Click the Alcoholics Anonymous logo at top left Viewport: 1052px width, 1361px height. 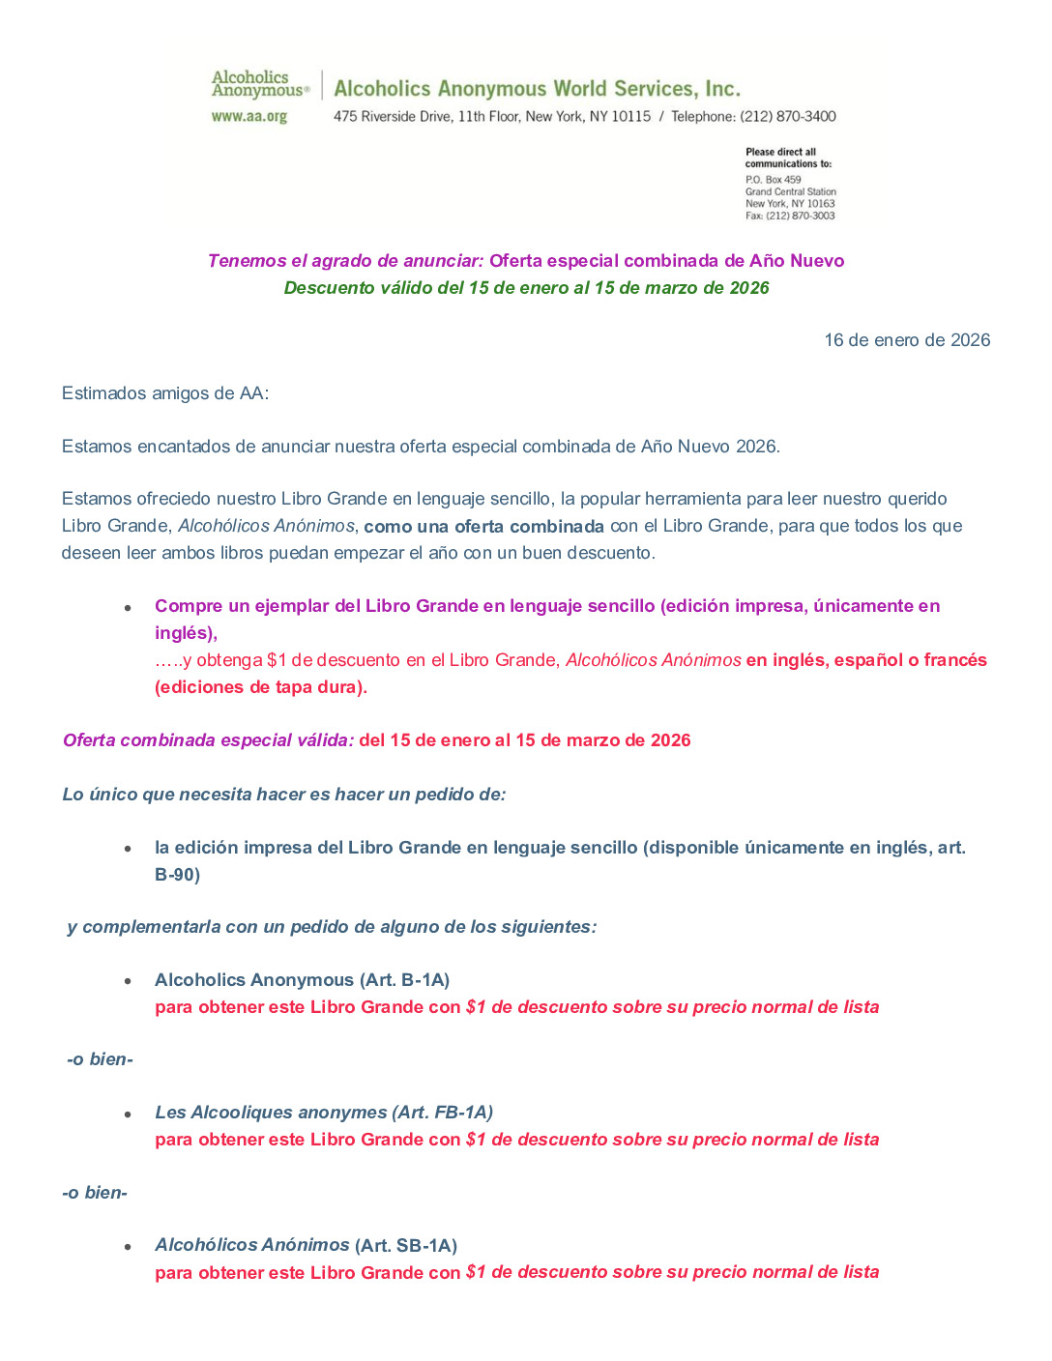click(x=259, y=84)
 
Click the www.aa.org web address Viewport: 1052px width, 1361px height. click(x=249, y=117)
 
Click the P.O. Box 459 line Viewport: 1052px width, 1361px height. click(x=773, y=180)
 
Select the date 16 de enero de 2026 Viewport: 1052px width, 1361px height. click(x=906, y=340)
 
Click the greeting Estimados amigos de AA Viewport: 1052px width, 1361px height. click(x=164, y=393)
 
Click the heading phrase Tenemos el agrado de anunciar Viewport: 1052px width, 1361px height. click(x=345, y=261)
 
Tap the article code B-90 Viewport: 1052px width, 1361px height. click(x=177, y=875)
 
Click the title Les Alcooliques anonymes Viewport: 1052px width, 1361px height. click(x=257, y=1113)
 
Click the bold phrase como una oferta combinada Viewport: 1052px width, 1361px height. click(x=483, y=527)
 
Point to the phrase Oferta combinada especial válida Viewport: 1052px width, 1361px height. click(x=208, y=740)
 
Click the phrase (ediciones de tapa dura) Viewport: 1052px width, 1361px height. click(x=261, y=687)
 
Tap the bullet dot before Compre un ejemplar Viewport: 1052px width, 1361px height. click(x=128, y=608)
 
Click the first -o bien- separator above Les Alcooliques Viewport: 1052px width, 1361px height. click(x=100, y=1059)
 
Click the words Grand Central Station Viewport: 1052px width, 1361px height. click(x=790, y=192)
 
